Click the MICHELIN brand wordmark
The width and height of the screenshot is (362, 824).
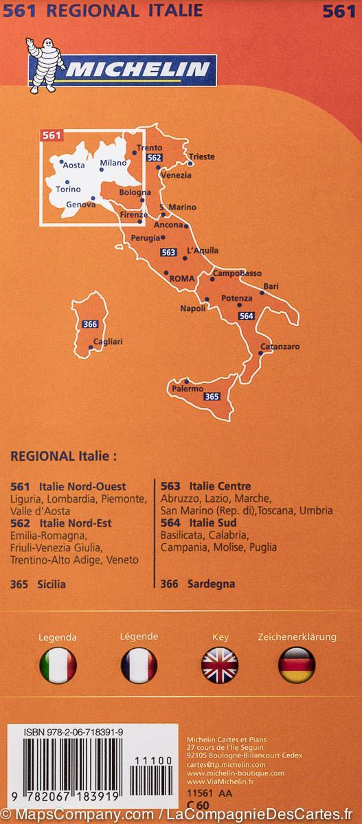131,69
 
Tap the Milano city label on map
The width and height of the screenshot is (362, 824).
114,163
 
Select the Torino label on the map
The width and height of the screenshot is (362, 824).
68,189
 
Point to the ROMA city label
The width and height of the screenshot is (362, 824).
182,278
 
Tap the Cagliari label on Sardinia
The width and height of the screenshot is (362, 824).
108,341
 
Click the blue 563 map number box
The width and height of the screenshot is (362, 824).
168,252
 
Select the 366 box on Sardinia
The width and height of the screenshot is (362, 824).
89,324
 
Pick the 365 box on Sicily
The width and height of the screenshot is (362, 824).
212,396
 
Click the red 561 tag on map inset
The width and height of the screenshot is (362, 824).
50,135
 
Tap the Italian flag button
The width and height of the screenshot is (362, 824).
58,665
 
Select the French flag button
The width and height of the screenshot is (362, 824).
139,665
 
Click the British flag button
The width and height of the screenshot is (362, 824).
220,665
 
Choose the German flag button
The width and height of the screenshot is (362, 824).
297,665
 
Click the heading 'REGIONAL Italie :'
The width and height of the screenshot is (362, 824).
64,455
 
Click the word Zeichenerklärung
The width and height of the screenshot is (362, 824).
297,637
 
